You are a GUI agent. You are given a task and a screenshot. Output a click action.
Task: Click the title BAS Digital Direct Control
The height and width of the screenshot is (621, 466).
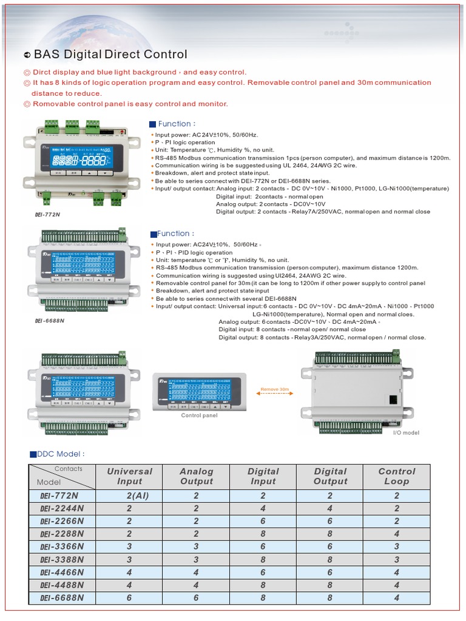click(x=110, y=55)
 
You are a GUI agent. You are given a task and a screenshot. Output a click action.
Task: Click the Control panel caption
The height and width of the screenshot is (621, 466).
click(x=199, y=415)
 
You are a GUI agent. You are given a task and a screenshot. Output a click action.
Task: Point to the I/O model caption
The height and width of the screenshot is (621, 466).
click(x=406, y=432)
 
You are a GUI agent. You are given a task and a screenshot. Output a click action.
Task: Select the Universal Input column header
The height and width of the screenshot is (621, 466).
click(x=129, y=476)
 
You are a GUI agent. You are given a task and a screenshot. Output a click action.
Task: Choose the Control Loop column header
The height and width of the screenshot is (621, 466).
click(x=396, y=476)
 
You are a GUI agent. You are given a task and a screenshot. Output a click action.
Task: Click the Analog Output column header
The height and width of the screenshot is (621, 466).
click(x=197, y=476)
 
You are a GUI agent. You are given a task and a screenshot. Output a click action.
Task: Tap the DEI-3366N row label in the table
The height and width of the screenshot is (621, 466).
click(x=62, y=546)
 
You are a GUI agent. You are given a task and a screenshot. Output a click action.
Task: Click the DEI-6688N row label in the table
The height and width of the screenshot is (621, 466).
click(x=62, y=598)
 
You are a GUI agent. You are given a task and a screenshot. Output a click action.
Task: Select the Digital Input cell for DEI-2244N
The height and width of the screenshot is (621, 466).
click(x=263, y=508)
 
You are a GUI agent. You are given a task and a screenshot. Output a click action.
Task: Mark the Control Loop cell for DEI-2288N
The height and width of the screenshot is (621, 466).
click(x=396, y=534)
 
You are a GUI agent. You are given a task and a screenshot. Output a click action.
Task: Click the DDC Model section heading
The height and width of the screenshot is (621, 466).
click(x=57, y=454)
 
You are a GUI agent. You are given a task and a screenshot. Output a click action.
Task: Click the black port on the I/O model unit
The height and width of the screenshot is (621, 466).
click(x=393, y=398)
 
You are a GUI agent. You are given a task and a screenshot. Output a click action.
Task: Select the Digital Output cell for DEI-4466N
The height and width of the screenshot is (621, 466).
click(x=329, y=572)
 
